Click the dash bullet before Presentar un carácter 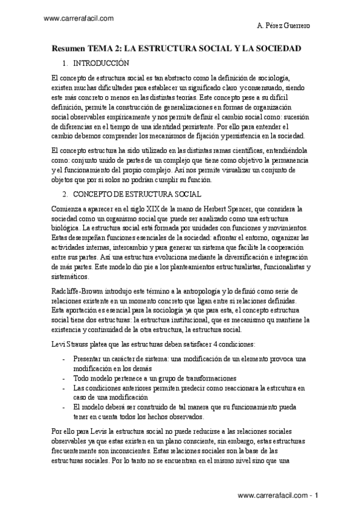tap(64, 359)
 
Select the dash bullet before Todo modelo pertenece tap(64, 378)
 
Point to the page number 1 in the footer tap(317, 495)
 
